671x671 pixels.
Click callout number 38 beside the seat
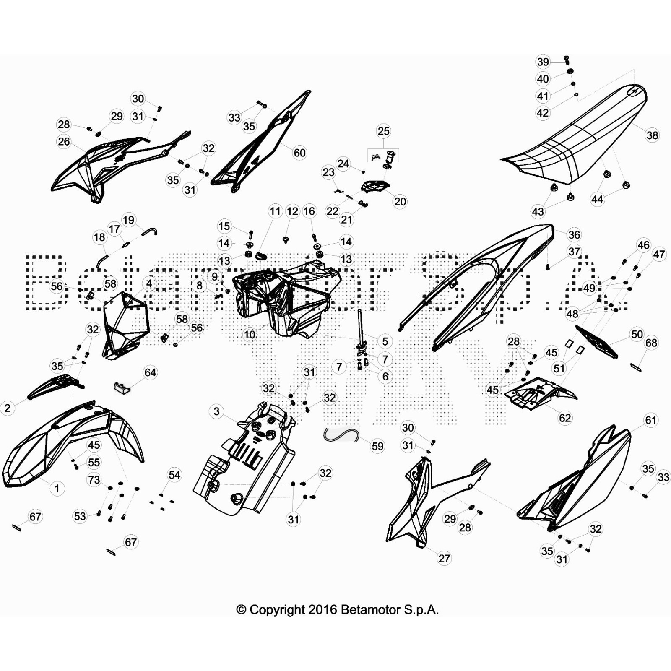(652, 135)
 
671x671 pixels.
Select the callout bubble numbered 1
(57, 489)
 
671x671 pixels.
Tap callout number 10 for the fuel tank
(250, 335)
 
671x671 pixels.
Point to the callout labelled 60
(299, 153)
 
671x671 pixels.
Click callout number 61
(651, 420)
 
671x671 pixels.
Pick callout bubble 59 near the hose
(377, 446)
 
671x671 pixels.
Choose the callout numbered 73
(94, 479)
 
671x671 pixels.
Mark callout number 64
(150, 372)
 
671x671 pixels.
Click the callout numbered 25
(383, 131)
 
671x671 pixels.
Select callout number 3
(216, 411)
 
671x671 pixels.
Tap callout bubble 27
(444, 558)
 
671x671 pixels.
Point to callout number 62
(565, 418)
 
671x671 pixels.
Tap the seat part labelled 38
(579, 138)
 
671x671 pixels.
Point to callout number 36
(574, 235)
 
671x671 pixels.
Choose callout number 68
(651, 343)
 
